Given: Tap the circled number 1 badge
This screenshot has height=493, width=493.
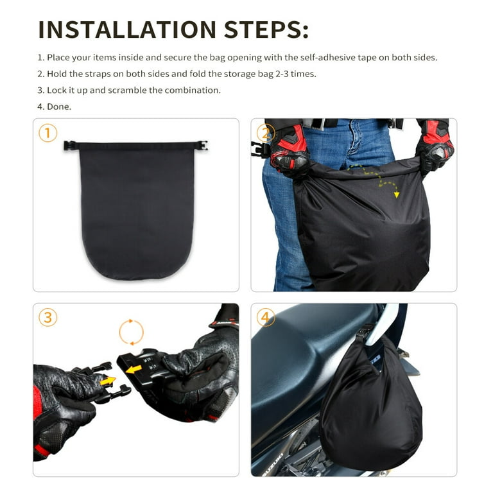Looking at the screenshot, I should (48, 133).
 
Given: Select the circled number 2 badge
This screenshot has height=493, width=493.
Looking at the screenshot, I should (265, 133).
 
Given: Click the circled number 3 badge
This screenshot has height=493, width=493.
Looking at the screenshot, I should (48, 318).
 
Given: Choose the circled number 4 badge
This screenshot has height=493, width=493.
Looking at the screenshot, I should (265, 318).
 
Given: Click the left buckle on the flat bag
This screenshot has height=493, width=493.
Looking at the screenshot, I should (69, 146).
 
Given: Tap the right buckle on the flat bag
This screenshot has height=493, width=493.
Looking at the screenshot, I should (202, 146).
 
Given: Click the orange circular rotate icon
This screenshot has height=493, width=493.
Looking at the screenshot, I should (132, 332).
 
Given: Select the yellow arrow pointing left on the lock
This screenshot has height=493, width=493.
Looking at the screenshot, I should (134, 370).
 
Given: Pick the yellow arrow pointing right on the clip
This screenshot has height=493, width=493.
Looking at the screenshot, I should (108, 381).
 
